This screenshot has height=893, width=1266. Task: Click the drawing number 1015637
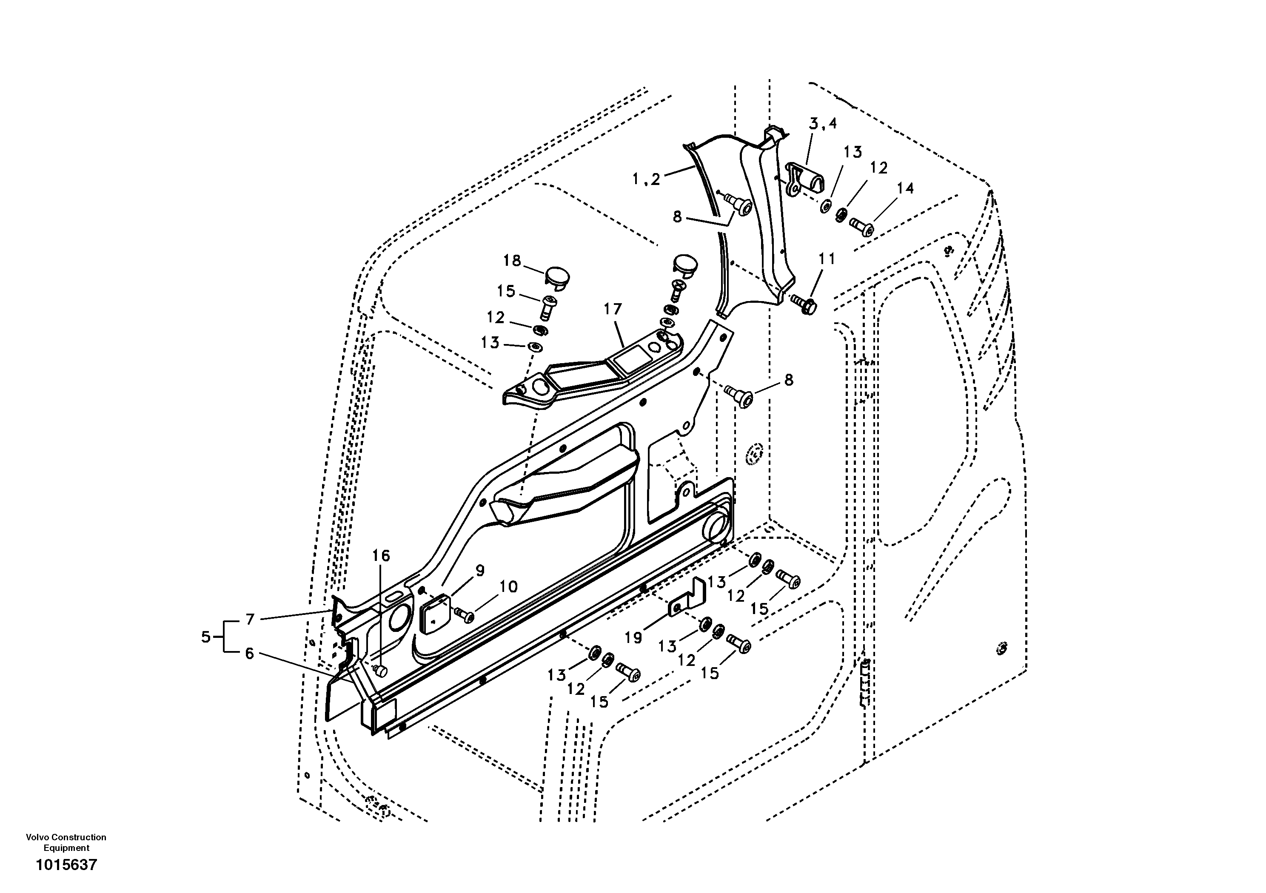[66, 865]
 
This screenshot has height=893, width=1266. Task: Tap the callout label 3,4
[823, 123]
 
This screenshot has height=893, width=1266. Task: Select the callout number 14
[905, 188]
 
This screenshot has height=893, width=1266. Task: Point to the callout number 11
[827, 259]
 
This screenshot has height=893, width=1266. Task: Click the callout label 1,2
[646, 179]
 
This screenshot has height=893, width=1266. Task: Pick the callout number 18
[512, 260]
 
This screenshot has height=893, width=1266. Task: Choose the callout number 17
[613, 309]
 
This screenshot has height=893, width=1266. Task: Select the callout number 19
[633, 637]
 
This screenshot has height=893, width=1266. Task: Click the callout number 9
[480, 571]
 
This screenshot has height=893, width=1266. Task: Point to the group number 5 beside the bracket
[205, 637]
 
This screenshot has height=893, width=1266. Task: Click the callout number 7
[250, 620]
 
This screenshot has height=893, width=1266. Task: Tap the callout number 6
[249, 654]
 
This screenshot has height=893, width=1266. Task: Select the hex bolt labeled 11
[804, 303]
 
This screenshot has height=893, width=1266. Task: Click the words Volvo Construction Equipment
[66, 842]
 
